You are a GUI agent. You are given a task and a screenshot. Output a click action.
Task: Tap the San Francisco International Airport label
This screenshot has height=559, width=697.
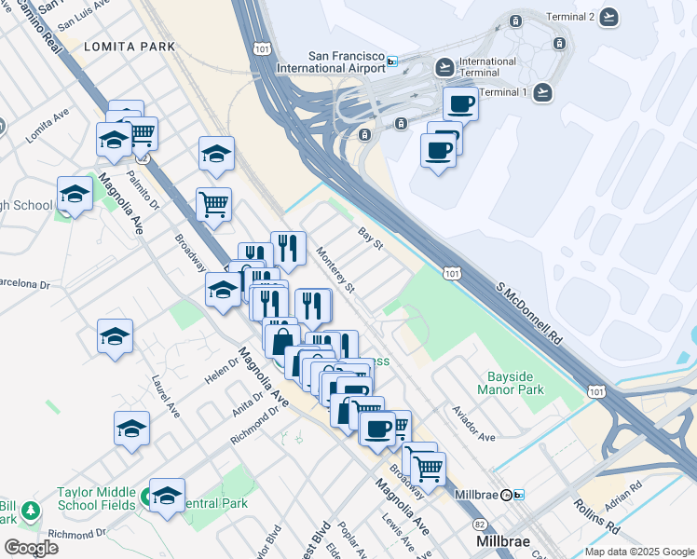331,61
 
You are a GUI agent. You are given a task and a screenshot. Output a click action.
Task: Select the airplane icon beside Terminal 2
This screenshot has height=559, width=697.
609,17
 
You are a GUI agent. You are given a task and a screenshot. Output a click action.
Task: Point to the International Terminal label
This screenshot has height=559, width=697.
487,68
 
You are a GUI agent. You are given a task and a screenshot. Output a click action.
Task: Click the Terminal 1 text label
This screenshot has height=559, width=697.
503,92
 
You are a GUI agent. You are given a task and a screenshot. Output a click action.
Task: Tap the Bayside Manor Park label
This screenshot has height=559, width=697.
515,384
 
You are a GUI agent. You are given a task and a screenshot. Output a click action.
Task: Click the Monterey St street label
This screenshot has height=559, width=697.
335,269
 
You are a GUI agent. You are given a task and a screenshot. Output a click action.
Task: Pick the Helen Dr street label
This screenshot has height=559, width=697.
222,370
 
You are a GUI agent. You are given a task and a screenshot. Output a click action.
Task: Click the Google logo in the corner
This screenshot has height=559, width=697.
31,547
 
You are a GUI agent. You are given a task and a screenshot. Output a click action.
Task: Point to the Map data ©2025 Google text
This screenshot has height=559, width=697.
639,552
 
